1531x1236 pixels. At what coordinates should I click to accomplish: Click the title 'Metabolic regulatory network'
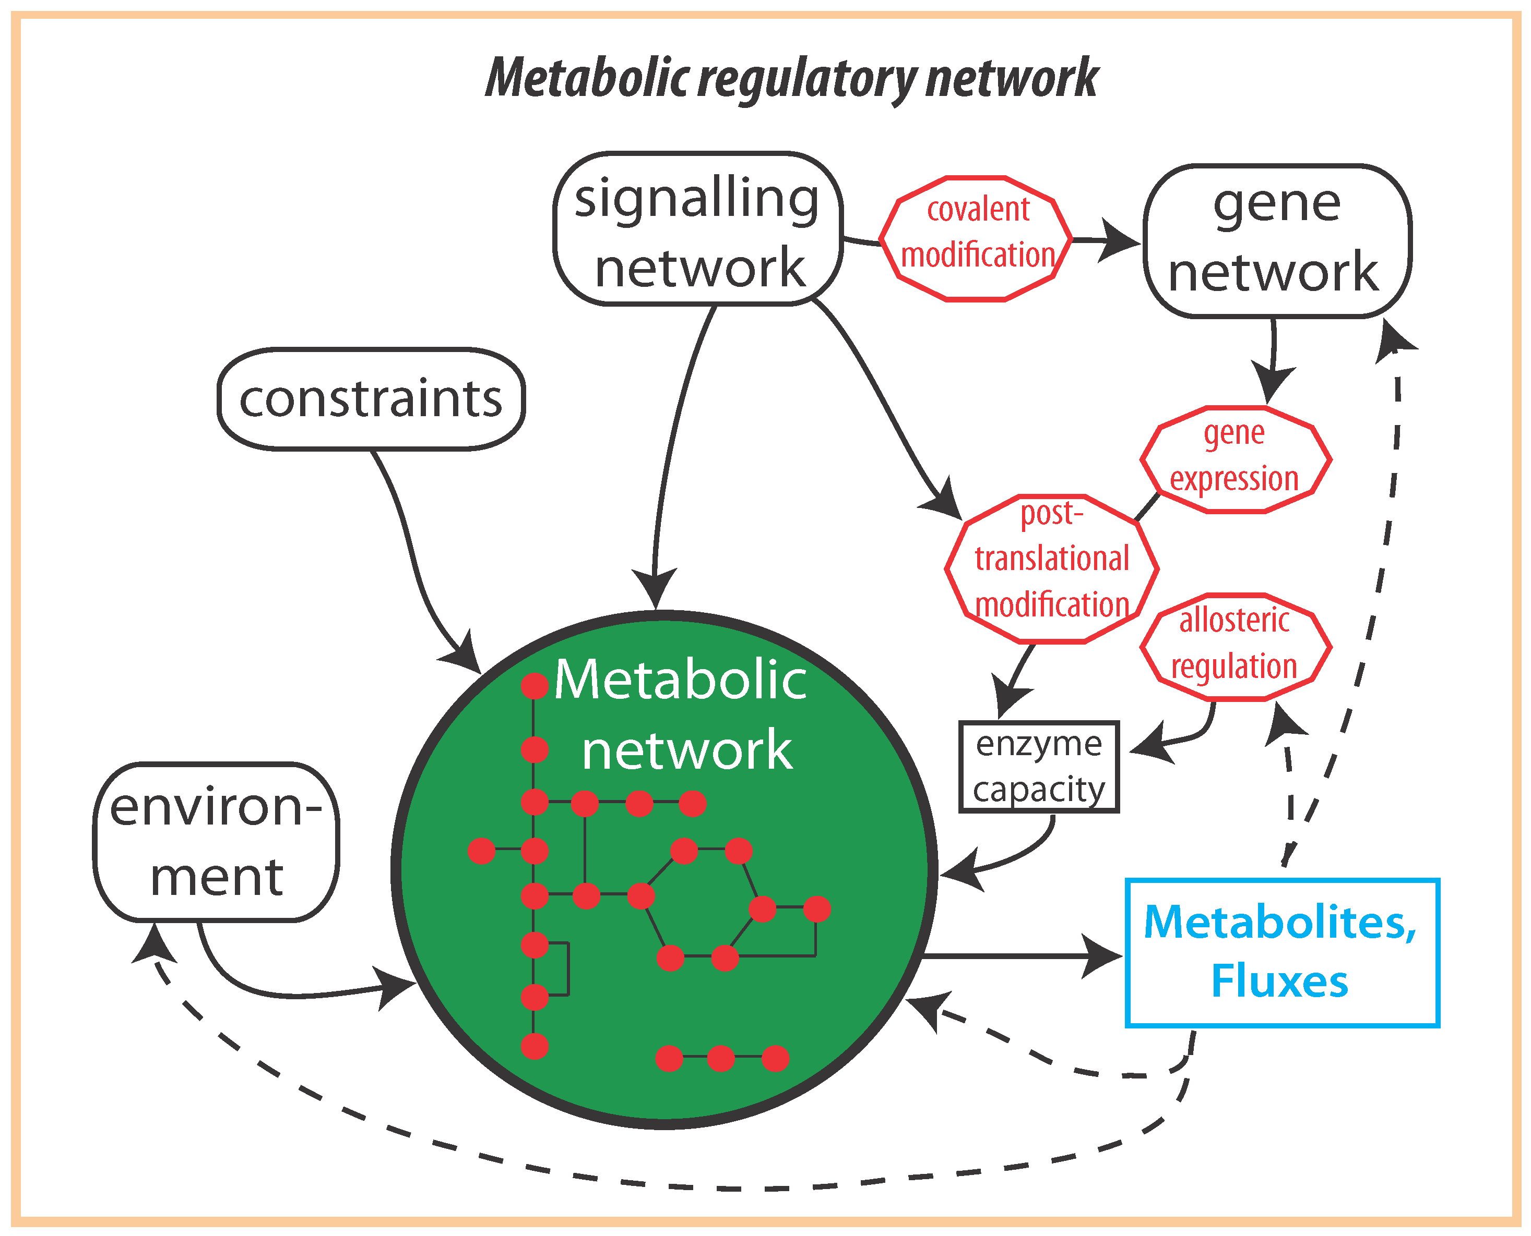coord(791,78)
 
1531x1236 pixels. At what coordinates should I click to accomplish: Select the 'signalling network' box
coord(698,229)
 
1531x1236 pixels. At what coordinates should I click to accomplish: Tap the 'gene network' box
coord(1277,240)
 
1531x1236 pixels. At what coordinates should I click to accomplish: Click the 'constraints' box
coord(371,399)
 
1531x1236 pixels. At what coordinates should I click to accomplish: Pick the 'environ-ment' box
coord(217,842)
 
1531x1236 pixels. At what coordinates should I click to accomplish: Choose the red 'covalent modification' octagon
coord(976,238)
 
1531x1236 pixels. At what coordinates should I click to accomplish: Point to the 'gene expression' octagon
coord(1236,459)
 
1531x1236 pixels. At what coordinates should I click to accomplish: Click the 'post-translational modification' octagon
coord(1051,569)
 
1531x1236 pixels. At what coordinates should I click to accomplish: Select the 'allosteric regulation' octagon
coord(1236,647)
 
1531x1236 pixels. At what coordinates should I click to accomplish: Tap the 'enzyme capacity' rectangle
coord(1039,767)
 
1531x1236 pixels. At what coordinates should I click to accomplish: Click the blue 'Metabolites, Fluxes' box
coord(1283,953)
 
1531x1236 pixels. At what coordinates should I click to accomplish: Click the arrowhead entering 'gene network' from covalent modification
coord(1119,240)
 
